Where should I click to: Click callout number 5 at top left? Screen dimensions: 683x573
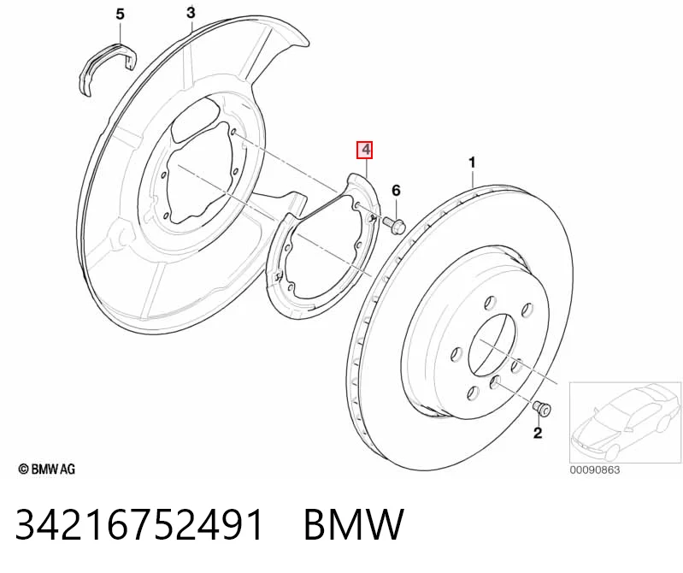[120, 15]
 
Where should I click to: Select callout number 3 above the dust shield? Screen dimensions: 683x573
[191, 13]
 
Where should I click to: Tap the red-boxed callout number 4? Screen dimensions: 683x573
[366, 150]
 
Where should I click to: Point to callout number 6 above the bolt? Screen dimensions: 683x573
[396, 191]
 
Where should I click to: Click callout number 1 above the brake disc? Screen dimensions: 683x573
[472, 163]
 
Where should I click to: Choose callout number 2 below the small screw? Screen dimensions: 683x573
[538, 433]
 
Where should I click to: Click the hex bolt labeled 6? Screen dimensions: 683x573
[394, 226]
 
